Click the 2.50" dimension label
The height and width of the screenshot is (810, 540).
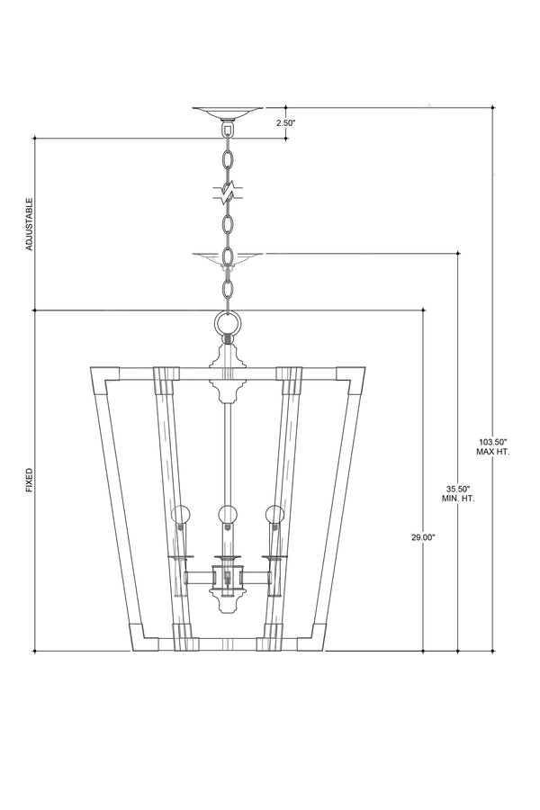pyautogui.click(x=285, y=123)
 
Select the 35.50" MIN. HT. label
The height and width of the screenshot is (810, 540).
pyautogui.click(x=458, y=494)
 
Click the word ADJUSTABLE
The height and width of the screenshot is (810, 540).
pyautogui.click(x=30, y=224)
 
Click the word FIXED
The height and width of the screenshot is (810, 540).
pyautogui.click(x=30, y=480)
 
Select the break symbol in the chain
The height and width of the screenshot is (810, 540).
pyautogui.click(x=228, y=193)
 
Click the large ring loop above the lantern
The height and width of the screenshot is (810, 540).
pyautogui.click(x=228, y=324)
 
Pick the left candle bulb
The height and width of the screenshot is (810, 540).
pyautogui.click(x=180, y=515)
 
